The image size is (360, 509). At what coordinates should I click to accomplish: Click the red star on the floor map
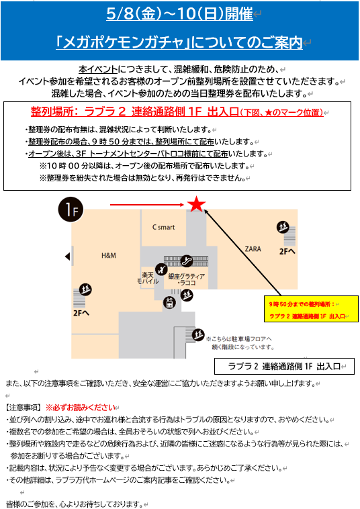pos(196,204)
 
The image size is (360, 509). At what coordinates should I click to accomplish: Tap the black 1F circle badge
pos(71,210)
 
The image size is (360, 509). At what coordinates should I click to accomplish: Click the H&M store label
pos(108,256)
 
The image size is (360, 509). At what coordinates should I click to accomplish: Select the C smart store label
pos(164,227)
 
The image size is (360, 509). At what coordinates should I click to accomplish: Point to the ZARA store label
pos(253,249)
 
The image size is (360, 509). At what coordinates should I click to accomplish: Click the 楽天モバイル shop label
pos(148,278)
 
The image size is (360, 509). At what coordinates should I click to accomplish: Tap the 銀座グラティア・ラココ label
pos(187,279)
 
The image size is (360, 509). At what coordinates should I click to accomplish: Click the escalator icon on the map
pos(186,260)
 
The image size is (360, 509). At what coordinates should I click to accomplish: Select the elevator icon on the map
pos(169,303)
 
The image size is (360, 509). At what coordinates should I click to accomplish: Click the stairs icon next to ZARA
pos(283,227)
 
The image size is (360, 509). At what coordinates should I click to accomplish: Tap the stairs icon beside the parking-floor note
pos(198,334)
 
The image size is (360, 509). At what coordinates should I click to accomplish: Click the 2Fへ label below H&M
pos(81,313)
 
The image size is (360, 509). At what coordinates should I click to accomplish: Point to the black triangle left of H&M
pos(68,257)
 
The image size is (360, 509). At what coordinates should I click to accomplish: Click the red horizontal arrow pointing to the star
pos(147,205)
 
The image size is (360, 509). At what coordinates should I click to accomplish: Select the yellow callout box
pos(312,309)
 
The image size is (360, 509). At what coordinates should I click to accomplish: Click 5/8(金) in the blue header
pos(134,14)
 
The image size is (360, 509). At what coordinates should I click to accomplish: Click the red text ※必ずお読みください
pos(81,408)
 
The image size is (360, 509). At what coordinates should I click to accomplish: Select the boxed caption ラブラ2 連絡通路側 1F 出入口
pos(284,367)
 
